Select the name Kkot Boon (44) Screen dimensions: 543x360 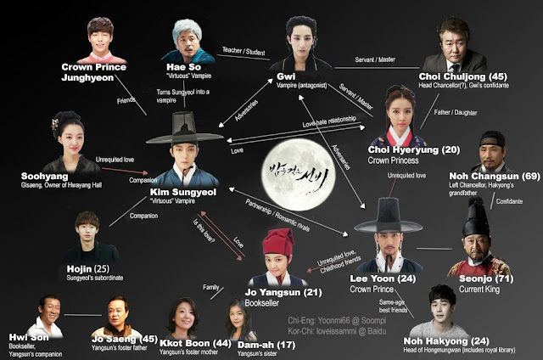pyautogui.click(x=185, y=343)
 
